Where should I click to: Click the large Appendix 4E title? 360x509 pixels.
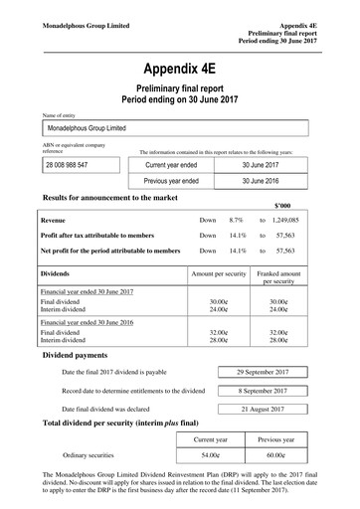coord(180,69)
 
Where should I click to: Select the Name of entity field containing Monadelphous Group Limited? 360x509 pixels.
coord(180,128)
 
